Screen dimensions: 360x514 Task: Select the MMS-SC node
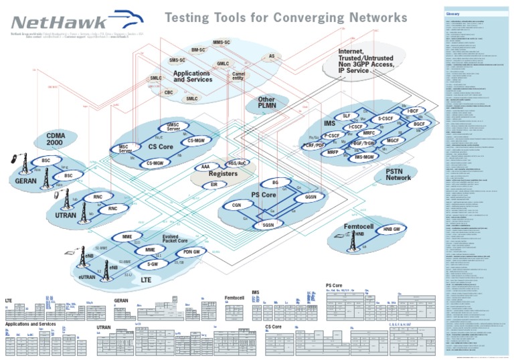point(222,43)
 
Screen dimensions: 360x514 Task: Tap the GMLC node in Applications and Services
point(223,64)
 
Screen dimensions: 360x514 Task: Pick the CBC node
point(169,93)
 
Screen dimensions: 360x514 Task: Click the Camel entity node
point(238,76)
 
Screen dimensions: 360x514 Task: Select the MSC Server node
point(124,149)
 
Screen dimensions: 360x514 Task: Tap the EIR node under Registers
point(213,184)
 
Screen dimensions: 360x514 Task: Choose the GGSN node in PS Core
point(310,198)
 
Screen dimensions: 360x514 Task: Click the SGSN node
point(268,226)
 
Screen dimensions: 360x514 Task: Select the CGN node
point(236,205)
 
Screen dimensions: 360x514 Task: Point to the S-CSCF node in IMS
point(383,118)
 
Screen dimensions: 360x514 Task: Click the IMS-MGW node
point(367,157)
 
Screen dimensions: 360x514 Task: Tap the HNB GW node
point(392,230)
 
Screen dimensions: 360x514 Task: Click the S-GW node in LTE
point(153,264)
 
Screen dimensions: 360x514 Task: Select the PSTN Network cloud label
point(398,175)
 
